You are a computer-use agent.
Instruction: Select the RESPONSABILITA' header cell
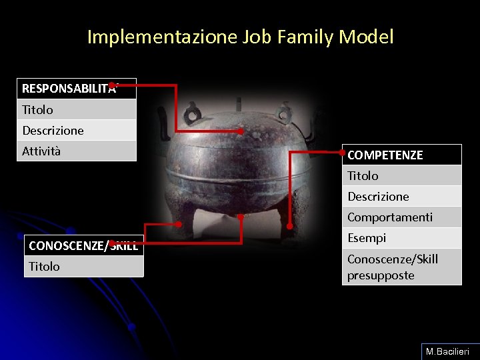pos(76,89)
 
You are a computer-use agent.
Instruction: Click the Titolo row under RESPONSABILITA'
pos(76,109)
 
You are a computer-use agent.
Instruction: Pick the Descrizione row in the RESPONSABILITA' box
pos(76,130)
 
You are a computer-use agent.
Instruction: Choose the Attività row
pos(76,151)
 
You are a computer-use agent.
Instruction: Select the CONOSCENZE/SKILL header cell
pos(83,245)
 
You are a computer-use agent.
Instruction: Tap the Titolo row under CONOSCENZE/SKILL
pos(83,266)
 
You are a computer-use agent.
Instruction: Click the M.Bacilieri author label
pos(447,351)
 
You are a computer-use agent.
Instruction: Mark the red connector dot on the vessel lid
pos(241,131)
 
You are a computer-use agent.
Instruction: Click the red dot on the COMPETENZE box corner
pos(343,152)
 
